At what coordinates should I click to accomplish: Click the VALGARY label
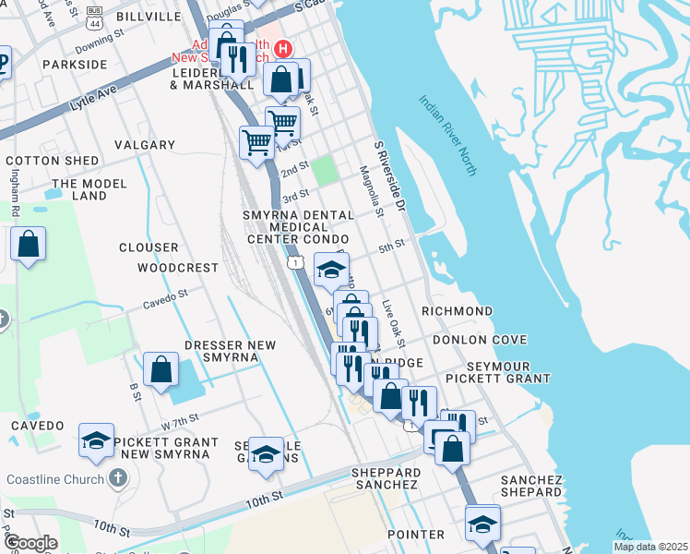coord(145,145)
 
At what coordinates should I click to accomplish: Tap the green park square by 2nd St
coord(324,171)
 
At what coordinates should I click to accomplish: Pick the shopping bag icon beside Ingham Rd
coord(29,246)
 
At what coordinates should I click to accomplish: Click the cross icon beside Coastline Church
coord(117,478)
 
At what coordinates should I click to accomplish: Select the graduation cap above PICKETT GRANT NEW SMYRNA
coord(96,441)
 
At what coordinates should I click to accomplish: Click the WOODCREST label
coord(178,268)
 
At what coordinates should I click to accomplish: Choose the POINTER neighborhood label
coord(415,535)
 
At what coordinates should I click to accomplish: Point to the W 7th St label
coord(180,422)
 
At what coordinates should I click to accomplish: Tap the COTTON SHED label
coord(53,161)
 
